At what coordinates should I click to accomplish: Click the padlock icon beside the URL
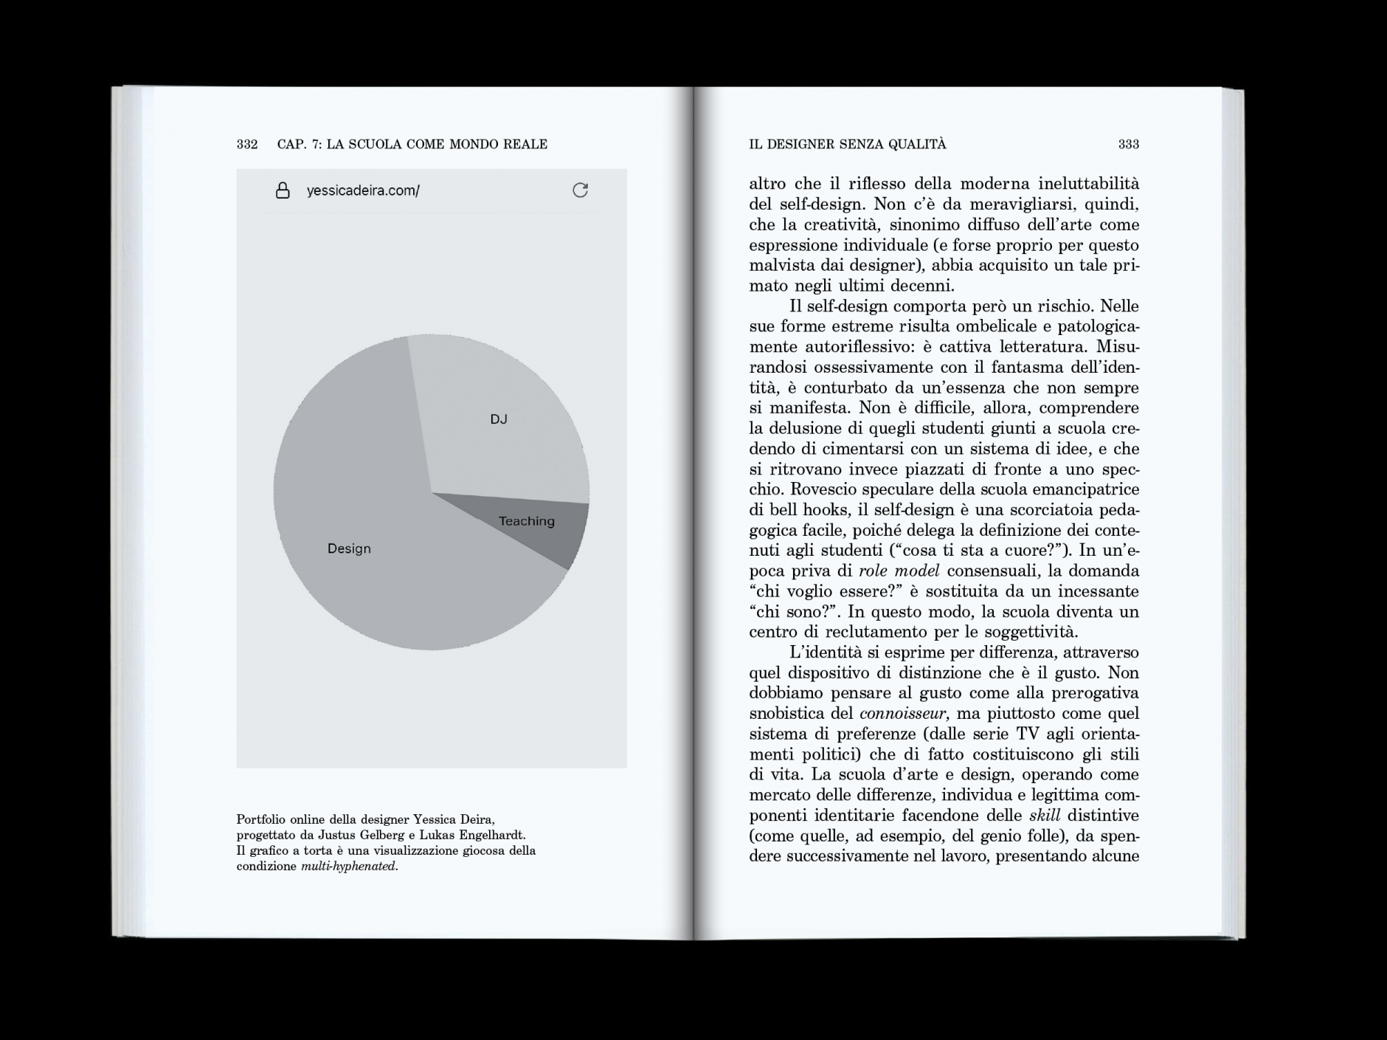pos(283,191)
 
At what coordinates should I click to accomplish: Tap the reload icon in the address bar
pos(581,190)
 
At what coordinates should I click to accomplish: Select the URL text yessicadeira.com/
pos(363,191)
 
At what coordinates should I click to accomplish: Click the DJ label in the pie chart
pos(499,419)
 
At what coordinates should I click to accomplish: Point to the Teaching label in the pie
pos(526,521)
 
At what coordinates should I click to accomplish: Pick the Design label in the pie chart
pos(349,548)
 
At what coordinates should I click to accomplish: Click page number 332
pos(247,145)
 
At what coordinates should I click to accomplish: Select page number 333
pos(1128,145)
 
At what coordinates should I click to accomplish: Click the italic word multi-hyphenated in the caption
pos(349,867)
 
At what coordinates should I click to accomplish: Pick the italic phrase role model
pos(899,571)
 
